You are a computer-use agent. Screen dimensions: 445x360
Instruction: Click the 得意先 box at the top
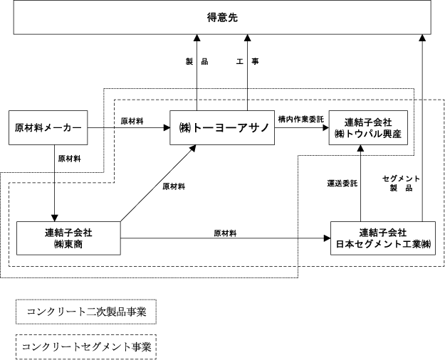222,17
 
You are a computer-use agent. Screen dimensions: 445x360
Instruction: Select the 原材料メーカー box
48,127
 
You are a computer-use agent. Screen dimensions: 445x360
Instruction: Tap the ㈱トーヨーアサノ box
222,127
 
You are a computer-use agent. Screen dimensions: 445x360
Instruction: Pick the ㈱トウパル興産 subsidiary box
368,127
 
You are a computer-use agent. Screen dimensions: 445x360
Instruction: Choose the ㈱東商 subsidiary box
68,238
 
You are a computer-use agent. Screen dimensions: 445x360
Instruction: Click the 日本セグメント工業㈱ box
383,238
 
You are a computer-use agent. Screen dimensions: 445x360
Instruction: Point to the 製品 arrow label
197,61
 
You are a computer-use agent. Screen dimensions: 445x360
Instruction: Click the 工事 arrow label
248,61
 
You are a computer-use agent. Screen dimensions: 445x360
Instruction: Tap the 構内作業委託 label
301,120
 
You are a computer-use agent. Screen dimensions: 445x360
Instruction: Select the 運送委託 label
342,184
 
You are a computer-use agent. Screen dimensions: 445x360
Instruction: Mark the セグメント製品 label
401,183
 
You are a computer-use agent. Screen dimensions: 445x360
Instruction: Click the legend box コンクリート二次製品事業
86,312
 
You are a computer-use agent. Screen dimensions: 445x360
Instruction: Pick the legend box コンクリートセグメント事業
86,347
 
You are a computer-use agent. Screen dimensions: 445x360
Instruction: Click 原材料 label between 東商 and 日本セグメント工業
225,233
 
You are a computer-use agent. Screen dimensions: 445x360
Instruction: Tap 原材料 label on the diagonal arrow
174,186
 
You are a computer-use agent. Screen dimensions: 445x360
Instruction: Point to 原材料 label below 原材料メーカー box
70,159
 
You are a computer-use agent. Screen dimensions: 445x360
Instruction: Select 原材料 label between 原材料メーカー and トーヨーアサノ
132,121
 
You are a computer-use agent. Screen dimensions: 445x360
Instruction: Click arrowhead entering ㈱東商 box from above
55,218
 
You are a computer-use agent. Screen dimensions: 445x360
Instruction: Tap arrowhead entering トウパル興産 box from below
361,148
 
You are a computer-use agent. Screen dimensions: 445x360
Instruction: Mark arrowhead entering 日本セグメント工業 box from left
328,238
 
